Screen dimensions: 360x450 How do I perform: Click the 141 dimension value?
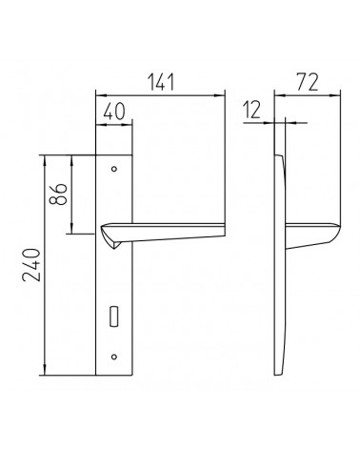pos(162,82)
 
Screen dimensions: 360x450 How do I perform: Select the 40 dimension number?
pos(114,112)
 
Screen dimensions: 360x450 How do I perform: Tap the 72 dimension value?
pos(307,82)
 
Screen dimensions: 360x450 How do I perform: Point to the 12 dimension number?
pos(252,110)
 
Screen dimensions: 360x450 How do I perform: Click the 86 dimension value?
pos(59,194)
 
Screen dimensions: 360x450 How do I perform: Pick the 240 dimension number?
pos(31,265)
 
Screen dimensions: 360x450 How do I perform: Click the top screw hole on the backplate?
pos(114,169)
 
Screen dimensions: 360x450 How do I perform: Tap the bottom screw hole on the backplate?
pos(114,357)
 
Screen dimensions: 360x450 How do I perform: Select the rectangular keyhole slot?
pos(114,316)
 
